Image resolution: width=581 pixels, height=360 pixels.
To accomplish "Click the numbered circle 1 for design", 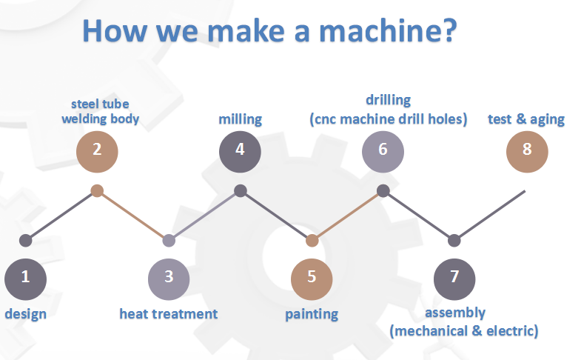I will (x=25, y=278).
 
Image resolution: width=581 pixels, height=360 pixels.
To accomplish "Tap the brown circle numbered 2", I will (x=97, y=149).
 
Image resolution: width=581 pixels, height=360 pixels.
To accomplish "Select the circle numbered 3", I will (x=169, y=278).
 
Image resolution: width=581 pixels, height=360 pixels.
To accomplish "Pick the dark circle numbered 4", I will (x=240, y=149).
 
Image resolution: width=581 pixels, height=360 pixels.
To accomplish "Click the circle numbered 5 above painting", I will (x=312, y=278).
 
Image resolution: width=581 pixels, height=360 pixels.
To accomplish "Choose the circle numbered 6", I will (x=383, y=149).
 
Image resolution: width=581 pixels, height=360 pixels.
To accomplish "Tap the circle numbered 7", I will (x=454, y=278).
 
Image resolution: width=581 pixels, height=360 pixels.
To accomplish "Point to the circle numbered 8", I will (x=527, y=149).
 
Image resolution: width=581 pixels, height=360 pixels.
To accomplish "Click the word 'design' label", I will (x=26, y=313).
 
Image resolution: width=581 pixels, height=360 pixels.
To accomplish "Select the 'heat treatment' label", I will (x=169, y=313).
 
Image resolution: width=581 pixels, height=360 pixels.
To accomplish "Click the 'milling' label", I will (x=240, y=119).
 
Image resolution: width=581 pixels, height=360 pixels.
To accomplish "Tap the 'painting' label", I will (x=312, y=314).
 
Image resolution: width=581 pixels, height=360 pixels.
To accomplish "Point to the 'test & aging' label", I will (x=526, y=119).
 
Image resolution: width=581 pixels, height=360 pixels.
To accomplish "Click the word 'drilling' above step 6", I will (x=388, y=99).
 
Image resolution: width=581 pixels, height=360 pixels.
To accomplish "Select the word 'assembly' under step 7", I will (x=455, y=313).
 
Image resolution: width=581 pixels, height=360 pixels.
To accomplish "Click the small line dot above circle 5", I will (x=312, y=240).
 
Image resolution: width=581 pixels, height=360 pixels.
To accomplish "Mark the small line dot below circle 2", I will (x=97, y=191).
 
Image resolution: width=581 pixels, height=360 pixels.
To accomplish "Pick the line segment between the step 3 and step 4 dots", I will (x=204, y=216).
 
